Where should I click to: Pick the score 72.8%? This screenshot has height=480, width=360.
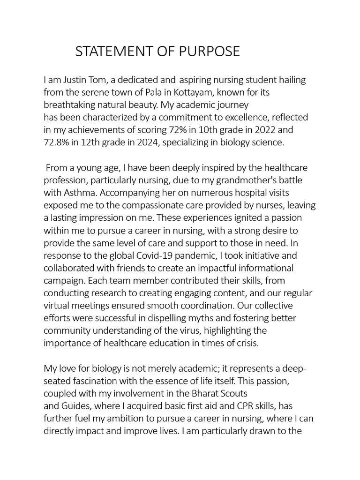[x=55, y=142]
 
